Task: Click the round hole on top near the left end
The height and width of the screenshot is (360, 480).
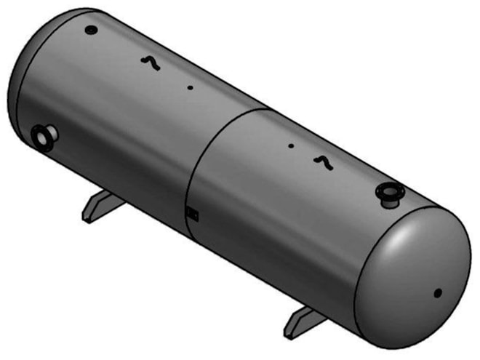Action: coord(90,31)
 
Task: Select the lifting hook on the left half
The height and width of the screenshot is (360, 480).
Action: coord(150,63)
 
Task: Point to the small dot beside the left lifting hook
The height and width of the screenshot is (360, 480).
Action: coord(190,88)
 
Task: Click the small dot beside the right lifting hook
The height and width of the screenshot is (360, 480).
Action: coord(291,145)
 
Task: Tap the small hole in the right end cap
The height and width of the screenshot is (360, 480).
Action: coord(438,293)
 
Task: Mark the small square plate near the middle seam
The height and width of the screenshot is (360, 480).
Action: coord(192,213)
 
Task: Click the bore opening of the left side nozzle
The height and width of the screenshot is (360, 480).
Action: coord(39,136)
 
